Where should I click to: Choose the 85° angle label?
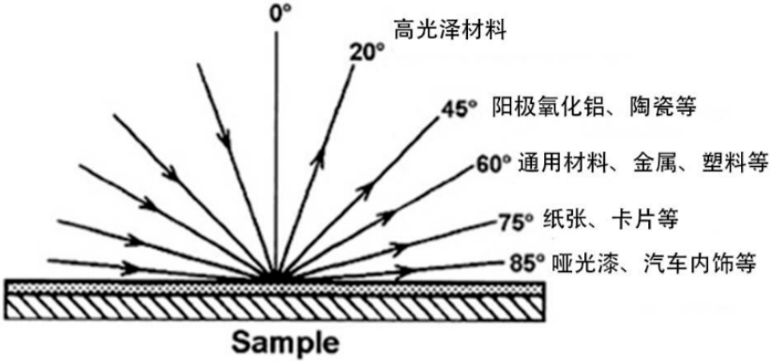click(x=521, y=264)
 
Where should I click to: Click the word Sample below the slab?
click(x=276, y=340)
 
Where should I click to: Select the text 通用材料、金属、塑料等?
click(x=637, y=164)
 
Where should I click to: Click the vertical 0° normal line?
click(x=276, y=141)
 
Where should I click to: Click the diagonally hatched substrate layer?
click(x=276, y=307)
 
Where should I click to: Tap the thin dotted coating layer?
click(x=141, y=287)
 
